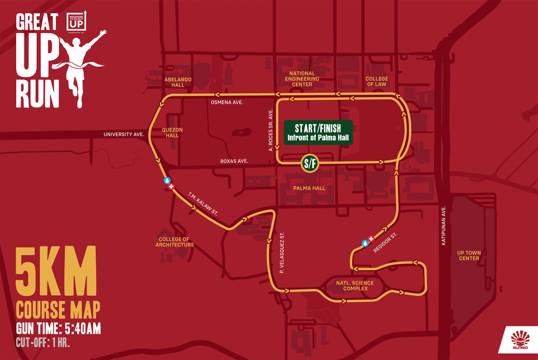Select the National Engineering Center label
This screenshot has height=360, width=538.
click(302, 79)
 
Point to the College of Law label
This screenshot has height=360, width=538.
click(377, 82)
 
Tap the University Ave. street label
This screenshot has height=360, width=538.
click(124, 135)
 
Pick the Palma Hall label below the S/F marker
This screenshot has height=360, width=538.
click(309, 188)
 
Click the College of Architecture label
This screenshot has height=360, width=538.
click(175, 242)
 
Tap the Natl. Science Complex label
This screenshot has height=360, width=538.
click(355, 285)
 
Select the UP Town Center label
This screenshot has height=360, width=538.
click(468, 256)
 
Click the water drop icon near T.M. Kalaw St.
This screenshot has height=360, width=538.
click(167, 180)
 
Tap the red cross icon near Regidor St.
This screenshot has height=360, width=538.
click(371, 238)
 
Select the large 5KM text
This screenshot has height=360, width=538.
click(56, 272)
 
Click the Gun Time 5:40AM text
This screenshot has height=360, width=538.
click(58, 329)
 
